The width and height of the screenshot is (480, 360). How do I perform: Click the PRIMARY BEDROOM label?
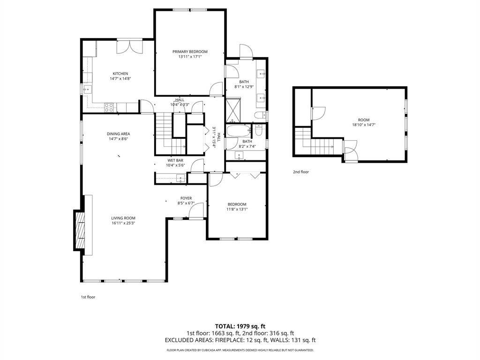(x=190, y=52)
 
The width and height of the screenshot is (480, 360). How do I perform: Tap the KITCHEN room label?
(x=120, y=74)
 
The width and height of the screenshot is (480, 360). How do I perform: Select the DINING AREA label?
(x=118, y=134)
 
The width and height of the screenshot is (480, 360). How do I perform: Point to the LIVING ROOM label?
(x=123, y=218)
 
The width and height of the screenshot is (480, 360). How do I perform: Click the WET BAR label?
(x=175, y=160)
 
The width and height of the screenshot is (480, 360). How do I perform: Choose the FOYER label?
(x=186, y=198)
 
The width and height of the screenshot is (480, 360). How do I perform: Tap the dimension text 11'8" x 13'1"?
(x=237, y=210)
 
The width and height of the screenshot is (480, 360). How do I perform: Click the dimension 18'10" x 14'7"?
(x=364, y=125)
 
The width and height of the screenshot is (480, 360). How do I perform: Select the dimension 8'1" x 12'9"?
(x=244, y=87)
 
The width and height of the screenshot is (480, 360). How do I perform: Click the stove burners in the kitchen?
(x=109, y=107)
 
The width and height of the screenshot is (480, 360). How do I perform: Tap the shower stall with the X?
(x=233, y=110)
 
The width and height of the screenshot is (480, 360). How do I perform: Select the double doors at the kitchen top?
(x=130, y=47)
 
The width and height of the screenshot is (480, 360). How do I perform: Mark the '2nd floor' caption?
(x=301, y=172)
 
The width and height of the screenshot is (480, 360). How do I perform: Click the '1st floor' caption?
(x=88, y=297)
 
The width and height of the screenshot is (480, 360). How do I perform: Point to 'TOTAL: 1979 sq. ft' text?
(x=238, y=326)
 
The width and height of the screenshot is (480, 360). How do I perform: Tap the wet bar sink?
(x=180, y=178)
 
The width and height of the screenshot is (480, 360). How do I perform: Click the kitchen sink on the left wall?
(x=87, y=90)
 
